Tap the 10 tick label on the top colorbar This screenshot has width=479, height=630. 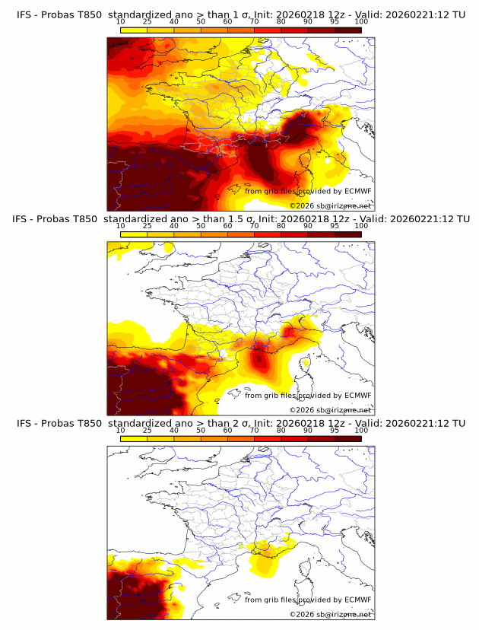[x=121, y=21]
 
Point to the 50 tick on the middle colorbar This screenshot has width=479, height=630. [x=201, y=226]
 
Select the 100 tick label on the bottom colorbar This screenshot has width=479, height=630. [x=361, y=431]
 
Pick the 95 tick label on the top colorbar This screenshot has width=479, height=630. [x=335, y=21]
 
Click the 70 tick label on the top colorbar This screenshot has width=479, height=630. [x=254, y=21]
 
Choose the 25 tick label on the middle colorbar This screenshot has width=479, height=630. [x=148, y=226]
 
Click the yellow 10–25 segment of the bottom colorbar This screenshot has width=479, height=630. [x=134, y=439]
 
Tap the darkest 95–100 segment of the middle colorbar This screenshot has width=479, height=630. [x=347, y=234]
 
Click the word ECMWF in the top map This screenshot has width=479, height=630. [x=357, y=192]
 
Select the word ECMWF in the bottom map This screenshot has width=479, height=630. [x=357, y=600]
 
